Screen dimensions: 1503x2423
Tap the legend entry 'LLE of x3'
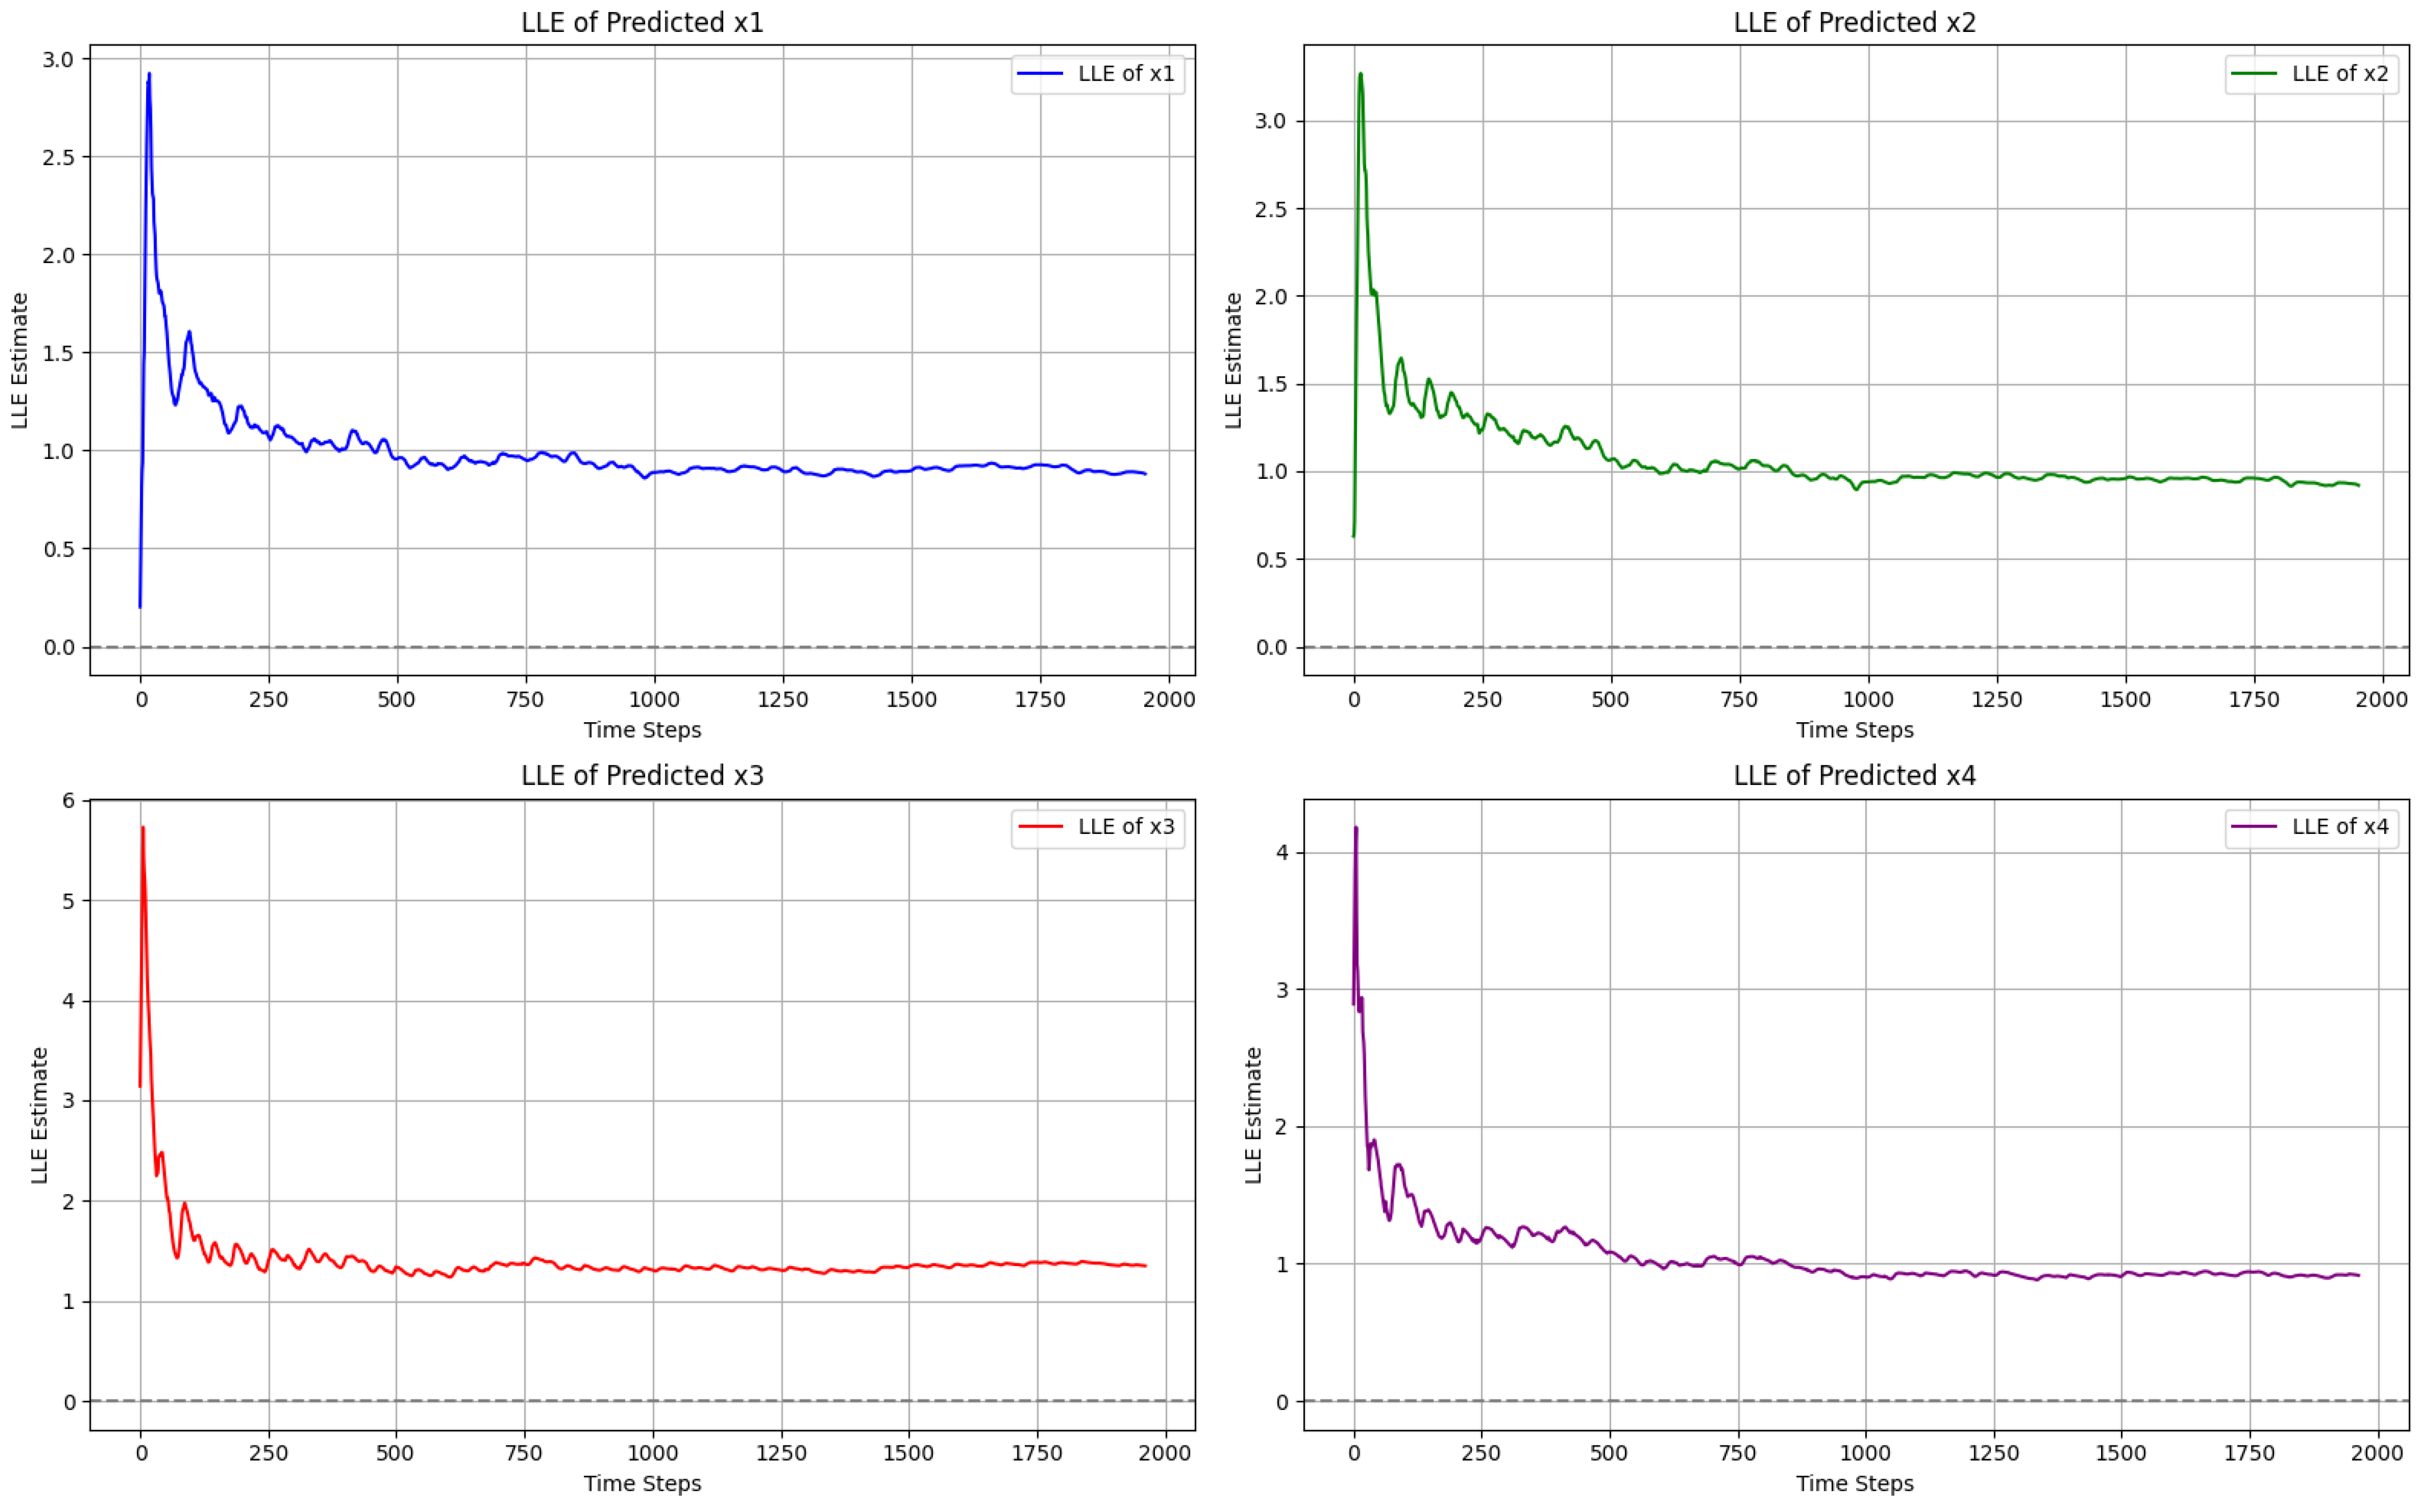(x=1098, y=827)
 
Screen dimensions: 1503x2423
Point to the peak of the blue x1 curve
(x=149, y=74)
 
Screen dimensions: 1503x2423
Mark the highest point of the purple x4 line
(x=1355, y=827)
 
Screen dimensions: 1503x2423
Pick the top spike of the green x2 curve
(x=1360, y=74)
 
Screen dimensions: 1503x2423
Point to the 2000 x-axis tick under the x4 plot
(x=2376, y=1453)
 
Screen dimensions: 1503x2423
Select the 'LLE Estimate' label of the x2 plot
(x=1233, y=361)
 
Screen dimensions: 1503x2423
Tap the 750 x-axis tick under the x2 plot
(x=1739, y=700)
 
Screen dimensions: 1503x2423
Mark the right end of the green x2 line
(x=2358, y=485)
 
